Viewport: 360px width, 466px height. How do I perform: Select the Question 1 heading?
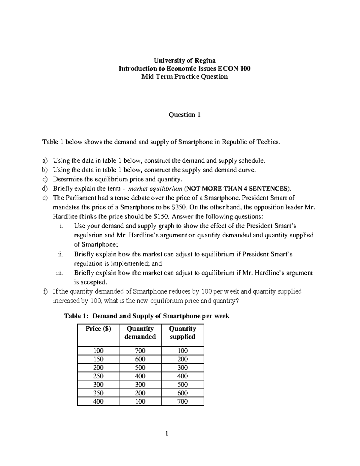tap(184, 115)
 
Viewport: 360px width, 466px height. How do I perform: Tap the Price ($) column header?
tap(98, 329)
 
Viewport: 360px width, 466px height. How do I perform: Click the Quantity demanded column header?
tap(140, 333)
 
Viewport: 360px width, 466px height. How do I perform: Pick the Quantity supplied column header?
tap(182, 333)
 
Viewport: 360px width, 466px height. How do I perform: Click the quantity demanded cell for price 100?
tap(140, 351)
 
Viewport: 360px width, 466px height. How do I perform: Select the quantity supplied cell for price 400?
tap(182, 401)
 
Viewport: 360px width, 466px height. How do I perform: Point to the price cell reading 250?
tap(98, 376)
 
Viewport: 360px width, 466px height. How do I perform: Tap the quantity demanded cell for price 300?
tap(140, 384)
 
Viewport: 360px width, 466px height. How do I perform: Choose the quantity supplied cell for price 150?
tap(182, 359)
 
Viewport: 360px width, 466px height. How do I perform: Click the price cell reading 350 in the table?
tap(98, 393)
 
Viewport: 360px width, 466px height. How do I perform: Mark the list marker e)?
tap(45, 198)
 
